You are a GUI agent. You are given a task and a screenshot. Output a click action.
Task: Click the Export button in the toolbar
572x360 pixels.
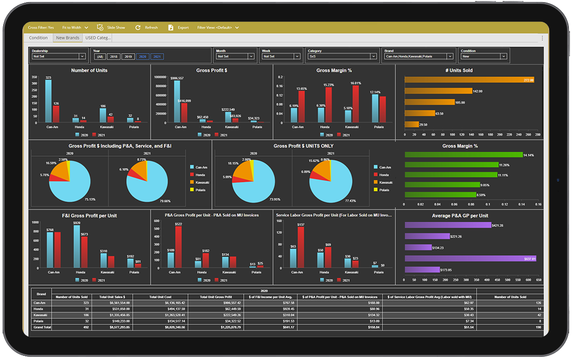pos(179,28)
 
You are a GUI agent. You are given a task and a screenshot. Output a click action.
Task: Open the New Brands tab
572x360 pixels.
pos(67,38)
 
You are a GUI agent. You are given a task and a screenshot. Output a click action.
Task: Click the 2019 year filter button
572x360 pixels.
pos(128,56)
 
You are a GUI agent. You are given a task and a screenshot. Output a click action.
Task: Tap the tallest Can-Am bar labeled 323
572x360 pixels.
pos(48,101)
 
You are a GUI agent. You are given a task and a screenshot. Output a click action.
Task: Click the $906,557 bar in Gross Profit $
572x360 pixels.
pos(177,101)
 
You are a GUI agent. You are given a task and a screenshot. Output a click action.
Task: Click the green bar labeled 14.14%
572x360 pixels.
pos(463,155)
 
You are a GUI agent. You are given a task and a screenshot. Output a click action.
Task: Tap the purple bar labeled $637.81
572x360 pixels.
pos(470,258)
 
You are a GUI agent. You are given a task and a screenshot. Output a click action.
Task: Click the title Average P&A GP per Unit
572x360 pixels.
pos(460,216)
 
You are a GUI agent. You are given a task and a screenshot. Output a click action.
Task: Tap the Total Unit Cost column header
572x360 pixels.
pos(160,297)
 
